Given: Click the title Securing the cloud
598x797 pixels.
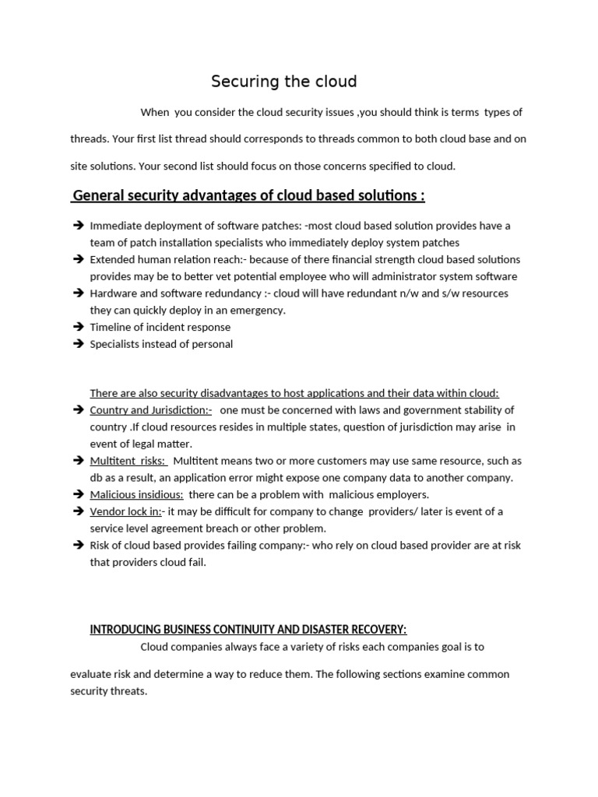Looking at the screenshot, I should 284,82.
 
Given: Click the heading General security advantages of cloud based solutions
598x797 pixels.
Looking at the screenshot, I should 248,195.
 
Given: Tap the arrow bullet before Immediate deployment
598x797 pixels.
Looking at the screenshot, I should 78,226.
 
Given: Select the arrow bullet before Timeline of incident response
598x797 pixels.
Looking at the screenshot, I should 78,328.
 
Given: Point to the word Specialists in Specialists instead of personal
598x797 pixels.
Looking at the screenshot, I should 115,344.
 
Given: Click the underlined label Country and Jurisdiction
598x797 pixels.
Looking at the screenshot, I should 151,410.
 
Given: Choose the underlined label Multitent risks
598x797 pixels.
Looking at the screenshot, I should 128,461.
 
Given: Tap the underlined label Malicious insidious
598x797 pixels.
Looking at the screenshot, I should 136,494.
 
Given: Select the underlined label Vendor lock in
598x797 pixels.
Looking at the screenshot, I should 126,511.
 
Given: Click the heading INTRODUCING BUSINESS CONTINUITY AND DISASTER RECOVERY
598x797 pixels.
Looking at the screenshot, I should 248,630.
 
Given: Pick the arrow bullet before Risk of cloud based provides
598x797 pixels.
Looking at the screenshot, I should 78,546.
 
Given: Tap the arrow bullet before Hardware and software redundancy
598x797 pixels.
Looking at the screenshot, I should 78,293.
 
